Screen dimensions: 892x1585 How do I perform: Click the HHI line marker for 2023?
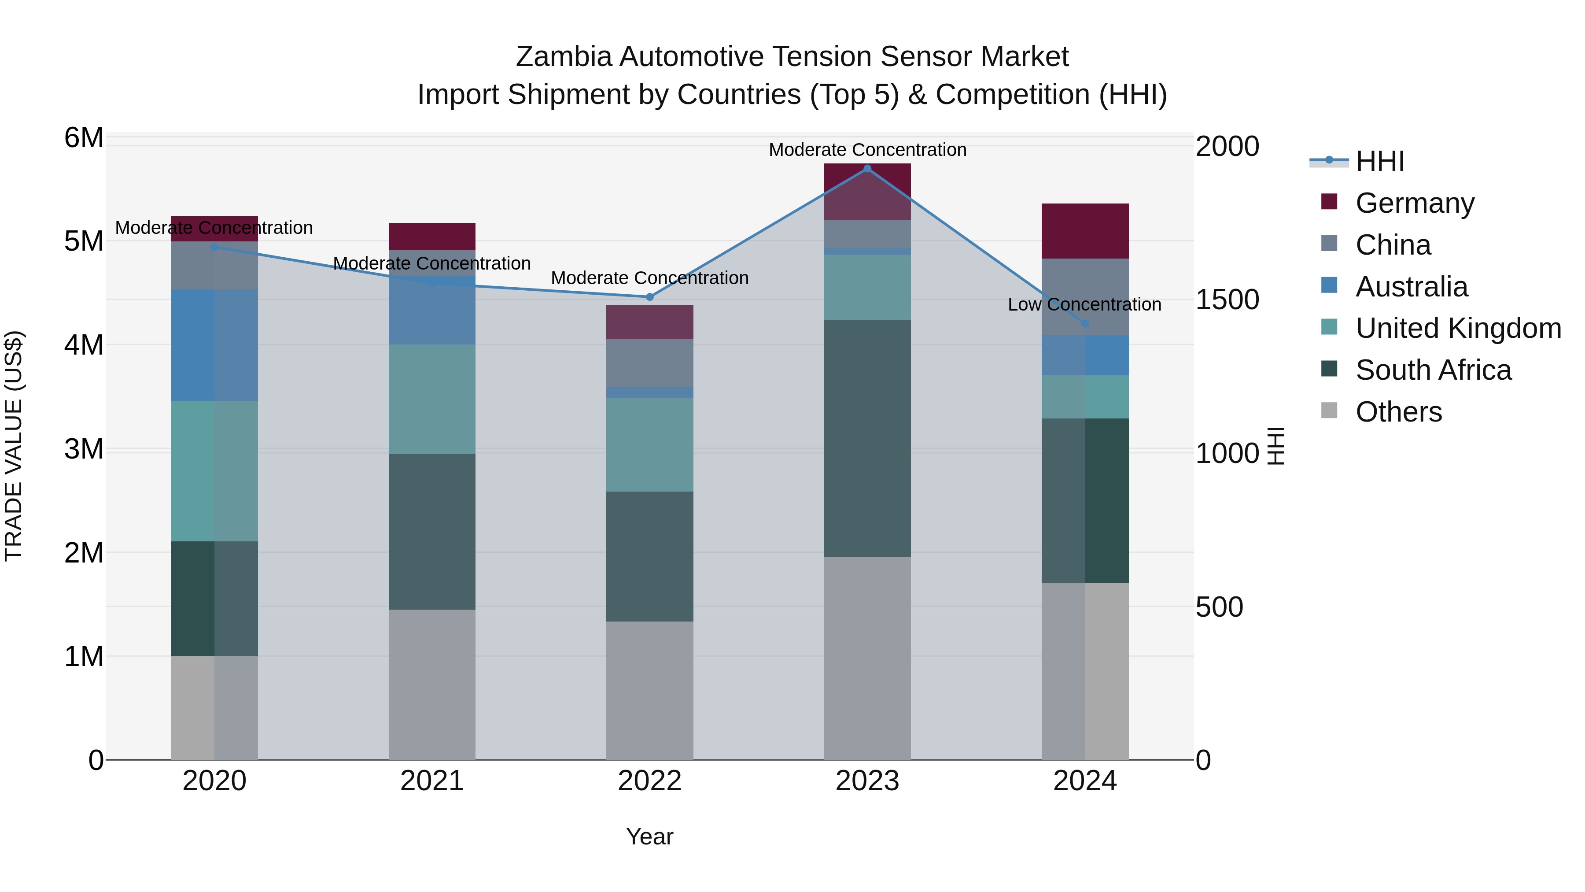[867, 168]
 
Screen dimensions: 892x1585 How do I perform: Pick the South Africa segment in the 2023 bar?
[867, 438]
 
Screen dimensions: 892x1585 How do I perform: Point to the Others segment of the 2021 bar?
[431, 684]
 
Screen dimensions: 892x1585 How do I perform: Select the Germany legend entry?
[1415, 203]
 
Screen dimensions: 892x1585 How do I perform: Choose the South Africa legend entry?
[1433, 370]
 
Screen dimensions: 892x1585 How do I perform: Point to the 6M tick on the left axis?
[84, 138]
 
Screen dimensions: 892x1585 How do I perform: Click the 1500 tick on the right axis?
[1227, 300]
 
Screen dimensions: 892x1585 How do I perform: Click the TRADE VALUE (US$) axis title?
[14, 446]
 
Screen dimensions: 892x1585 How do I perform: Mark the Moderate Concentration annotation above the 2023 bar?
[867, 150]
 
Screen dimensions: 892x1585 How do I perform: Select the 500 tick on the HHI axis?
[1219, 607]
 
